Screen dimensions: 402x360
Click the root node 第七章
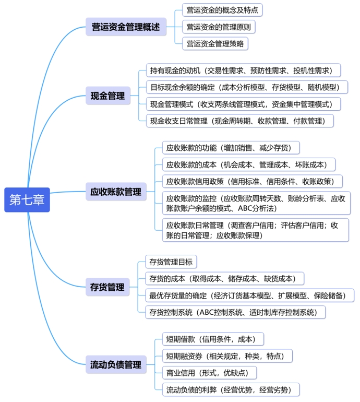click(x=27, y=200)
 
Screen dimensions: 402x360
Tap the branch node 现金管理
click(x=107, y=96)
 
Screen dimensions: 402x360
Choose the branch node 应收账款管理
click(x=115, y=192)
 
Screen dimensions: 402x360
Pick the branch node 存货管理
click(x=107, y=287)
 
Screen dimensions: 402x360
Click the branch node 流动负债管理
click(x=115, y=364)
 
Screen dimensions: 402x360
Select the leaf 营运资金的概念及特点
click(x=222, y=9)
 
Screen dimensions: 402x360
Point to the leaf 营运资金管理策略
click(x=215, y=43)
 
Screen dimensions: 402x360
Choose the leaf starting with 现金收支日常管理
click(x=239, y=121)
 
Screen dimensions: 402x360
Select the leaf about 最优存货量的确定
click(x=249, y=295)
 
